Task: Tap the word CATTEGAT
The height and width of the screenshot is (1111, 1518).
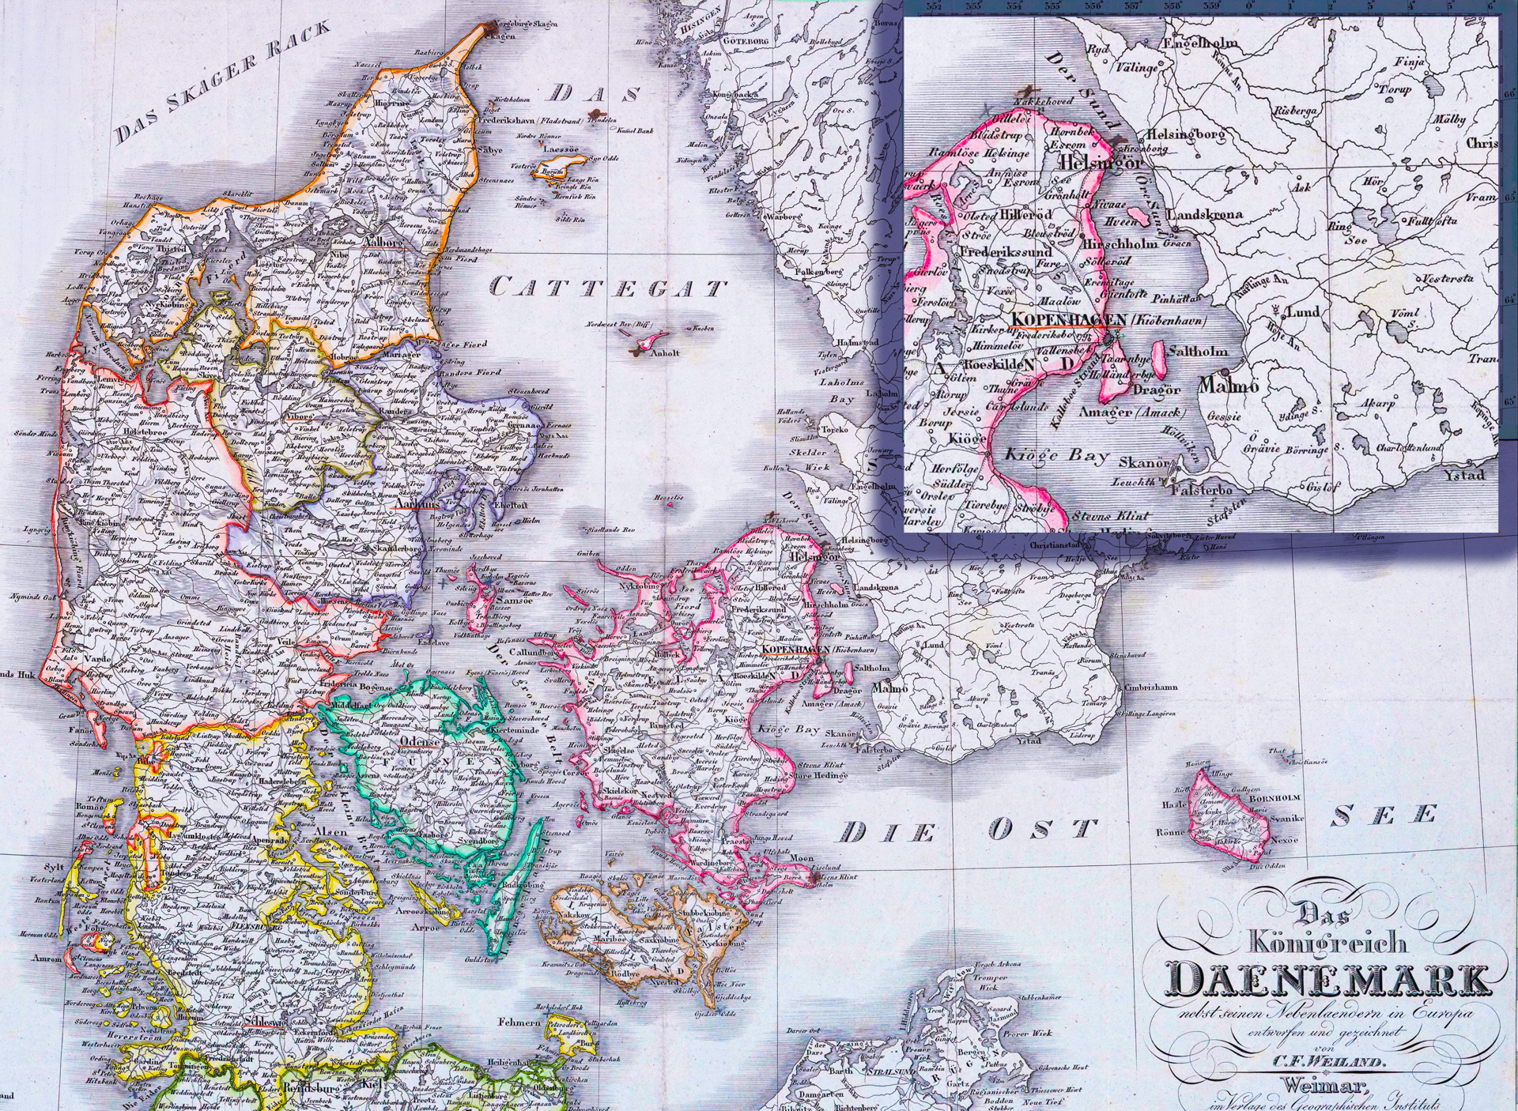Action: tap(608, 288)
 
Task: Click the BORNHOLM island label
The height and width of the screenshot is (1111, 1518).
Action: tap(1265, 799)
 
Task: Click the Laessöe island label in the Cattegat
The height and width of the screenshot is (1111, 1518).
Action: tap(559, 149)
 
